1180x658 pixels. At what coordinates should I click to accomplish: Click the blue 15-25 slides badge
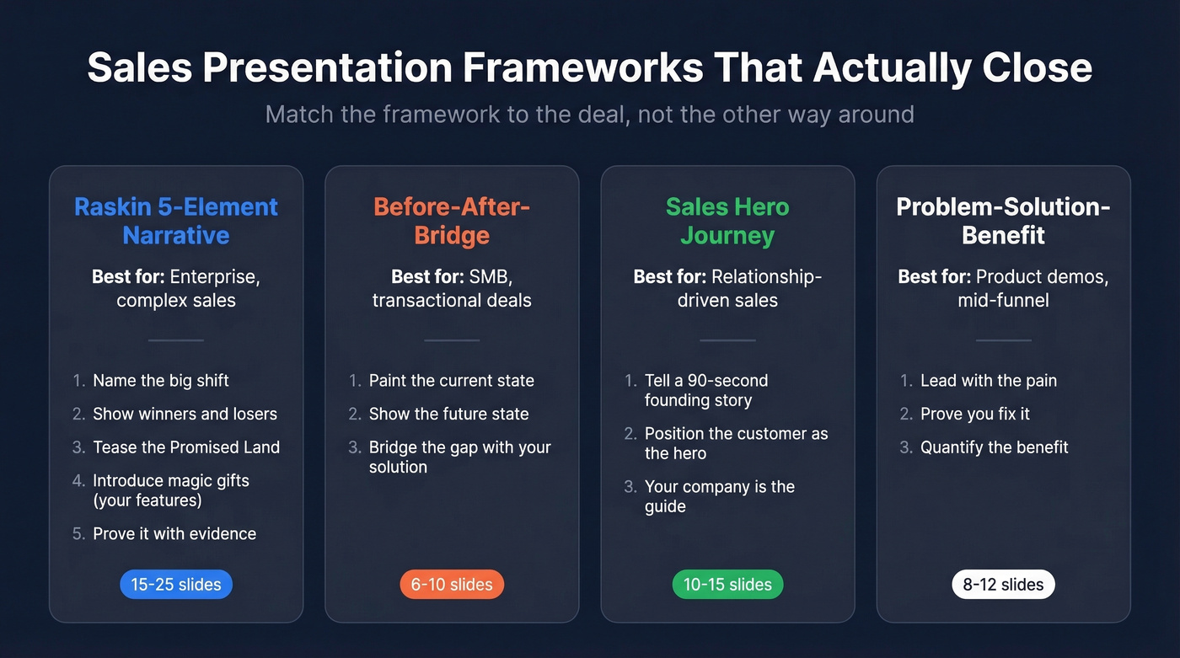pos(175,585)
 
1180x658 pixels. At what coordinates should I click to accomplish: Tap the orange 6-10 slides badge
pos(452,585)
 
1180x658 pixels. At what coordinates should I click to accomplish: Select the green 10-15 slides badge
pos(727,585)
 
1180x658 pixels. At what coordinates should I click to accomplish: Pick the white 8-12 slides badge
pos(1003,585)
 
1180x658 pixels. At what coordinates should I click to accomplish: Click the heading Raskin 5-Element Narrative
pos(175,221)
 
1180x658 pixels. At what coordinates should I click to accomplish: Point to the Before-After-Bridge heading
pos(452,221)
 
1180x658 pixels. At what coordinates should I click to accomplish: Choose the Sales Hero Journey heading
pos(727,221)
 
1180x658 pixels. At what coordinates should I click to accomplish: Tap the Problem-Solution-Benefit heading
pos(1003,221)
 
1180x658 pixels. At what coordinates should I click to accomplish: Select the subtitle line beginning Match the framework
pos(589,114)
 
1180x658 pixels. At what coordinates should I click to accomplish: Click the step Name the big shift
pos(160,381)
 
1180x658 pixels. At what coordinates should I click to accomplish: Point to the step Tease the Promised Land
pos(185,447)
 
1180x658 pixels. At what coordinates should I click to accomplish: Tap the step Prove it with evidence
pos(174,533)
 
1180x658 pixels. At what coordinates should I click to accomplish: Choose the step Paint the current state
pos(451,381)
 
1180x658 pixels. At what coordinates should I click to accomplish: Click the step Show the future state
pos(448,414)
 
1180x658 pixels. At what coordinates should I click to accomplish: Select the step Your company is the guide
pos(719,496)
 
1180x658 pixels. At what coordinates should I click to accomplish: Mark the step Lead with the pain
pos(988,381)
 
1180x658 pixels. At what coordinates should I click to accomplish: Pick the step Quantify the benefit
pos(994,447)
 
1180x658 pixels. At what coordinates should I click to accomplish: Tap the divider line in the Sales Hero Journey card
pos(727,340)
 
